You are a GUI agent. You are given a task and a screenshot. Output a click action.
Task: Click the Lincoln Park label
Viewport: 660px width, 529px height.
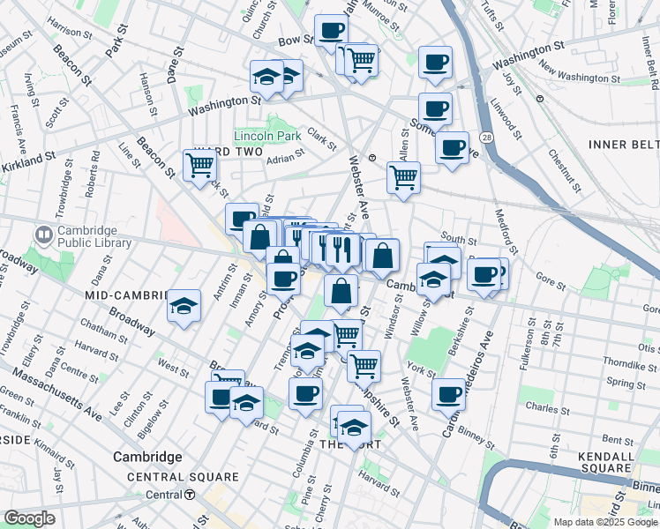tap(267, 136)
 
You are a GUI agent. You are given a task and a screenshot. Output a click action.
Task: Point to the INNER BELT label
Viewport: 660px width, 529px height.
tap(621, 143)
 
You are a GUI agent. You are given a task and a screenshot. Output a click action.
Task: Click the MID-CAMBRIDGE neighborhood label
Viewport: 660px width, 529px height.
tap(125, 294)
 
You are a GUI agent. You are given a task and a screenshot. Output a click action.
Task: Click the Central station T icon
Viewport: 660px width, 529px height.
tap(191, 495)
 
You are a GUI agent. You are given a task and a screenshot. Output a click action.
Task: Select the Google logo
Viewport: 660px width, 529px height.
tap(30, 518)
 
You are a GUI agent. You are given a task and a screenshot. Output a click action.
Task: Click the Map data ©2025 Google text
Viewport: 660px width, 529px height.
tap(605, 523)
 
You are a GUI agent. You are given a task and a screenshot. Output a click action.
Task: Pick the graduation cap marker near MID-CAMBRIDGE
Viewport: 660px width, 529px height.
tap(184, 307)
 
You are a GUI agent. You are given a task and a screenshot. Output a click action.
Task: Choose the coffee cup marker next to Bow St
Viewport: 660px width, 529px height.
tap(332, 31)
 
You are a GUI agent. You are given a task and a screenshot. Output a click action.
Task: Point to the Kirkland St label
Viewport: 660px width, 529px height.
tap(27, 158)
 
